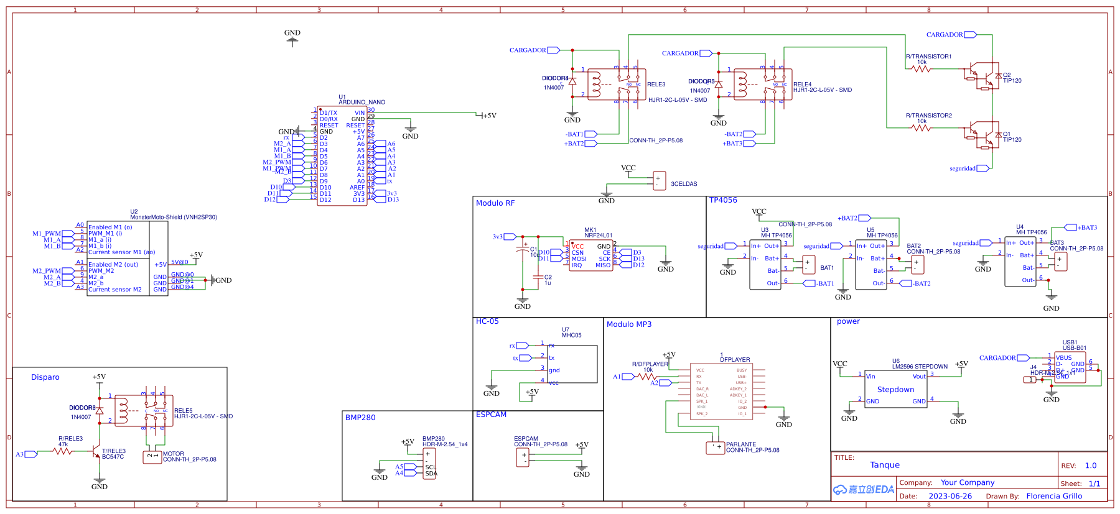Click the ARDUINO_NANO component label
coord(362,102)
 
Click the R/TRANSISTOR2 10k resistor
coord(921,128)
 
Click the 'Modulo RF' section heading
coord(495,203)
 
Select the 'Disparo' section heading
coord(45,377)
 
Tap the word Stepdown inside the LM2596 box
coord(895,390)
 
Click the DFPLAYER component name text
coord(735,359)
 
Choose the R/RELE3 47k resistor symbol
coord(62,451)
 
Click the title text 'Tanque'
coord(885,465)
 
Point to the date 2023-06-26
coord(950,496)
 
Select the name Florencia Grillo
coord(1054,496)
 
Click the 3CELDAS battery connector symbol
coord(660,181)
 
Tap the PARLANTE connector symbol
coord(715,447)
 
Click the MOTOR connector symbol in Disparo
coord(152,457)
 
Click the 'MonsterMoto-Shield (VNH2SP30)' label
coord(174,217)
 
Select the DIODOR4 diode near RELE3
coord(572,81)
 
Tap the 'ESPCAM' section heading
coord(491,415)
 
